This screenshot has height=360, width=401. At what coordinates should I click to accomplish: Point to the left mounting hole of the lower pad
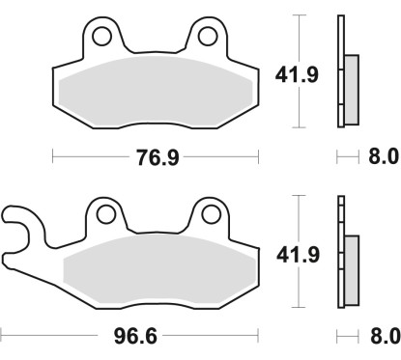[x=105, y=213]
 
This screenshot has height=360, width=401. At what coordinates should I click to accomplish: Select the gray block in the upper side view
[x=350, y=81]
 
